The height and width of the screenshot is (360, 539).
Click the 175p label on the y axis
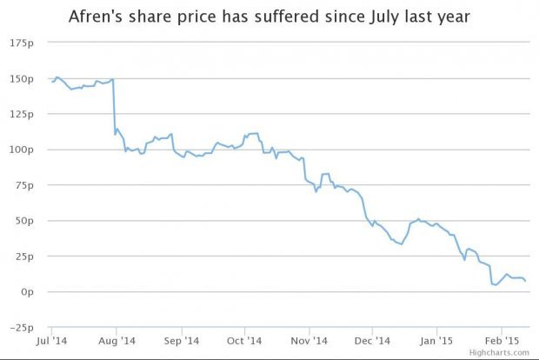pos(23,43)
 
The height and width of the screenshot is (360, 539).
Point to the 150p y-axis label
pos(23,78)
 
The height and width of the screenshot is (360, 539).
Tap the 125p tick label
pos(23,114)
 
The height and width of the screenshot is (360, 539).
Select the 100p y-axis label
pos(23,150)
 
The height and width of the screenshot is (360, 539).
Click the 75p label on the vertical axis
pos(25,185)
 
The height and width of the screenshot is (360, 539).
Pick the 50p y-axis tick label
pos(25,221)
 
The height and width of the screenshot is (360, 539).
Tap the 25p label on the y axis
pos(25,257)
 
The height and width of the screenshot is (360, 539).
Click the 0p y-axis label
pos(28,292)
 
